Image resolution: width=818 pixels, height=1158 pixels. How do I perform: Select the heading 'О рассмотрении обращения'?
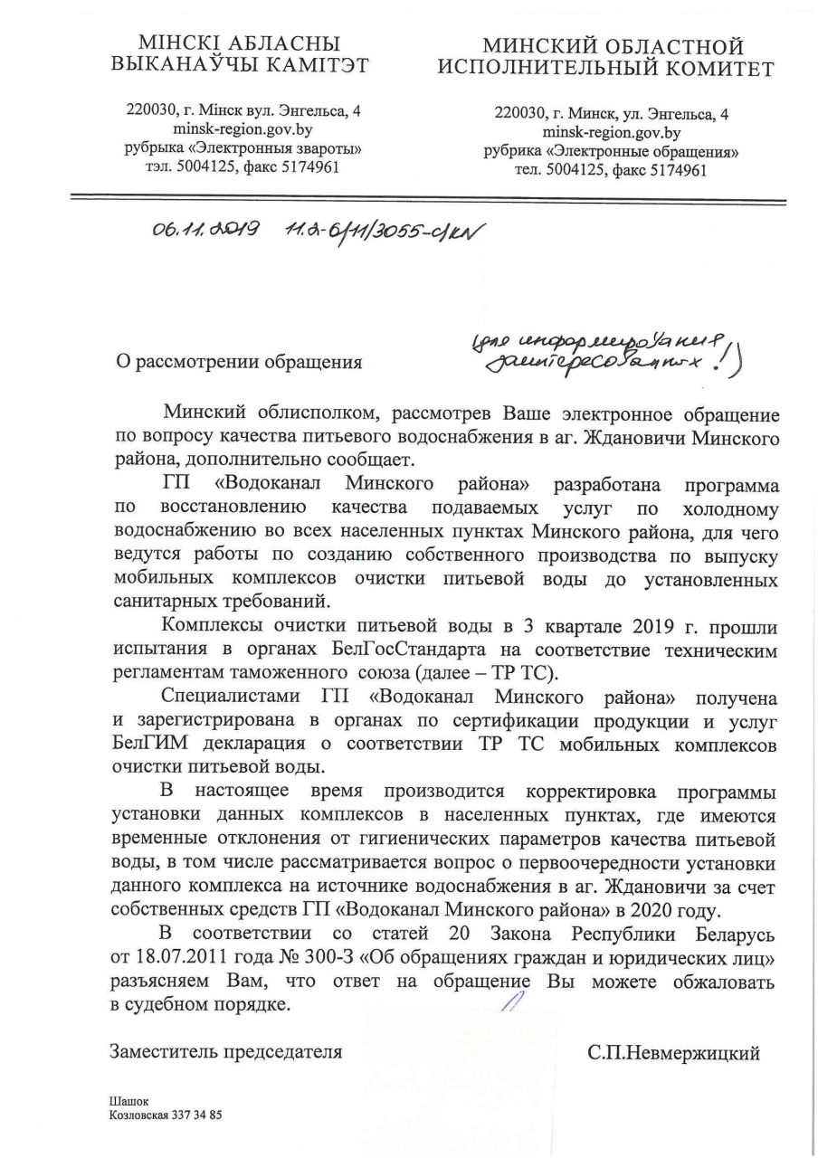(235, 363)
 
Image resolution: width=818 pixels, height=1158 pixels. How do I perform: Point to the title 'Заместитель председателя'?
(225, 1051)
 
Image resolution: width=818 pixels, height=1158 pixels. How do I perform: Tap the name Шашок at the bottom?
(128, 1101)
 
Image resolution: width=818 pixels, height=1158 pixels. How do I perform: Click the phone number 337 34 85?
(196, 1115)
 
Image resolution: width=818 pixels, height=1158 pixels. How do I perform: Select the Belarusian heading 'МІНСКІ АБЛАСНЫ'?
(239, 43)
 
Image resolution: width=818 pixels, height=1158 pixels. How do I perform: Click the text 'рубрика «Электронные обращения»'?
(611, 151)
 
